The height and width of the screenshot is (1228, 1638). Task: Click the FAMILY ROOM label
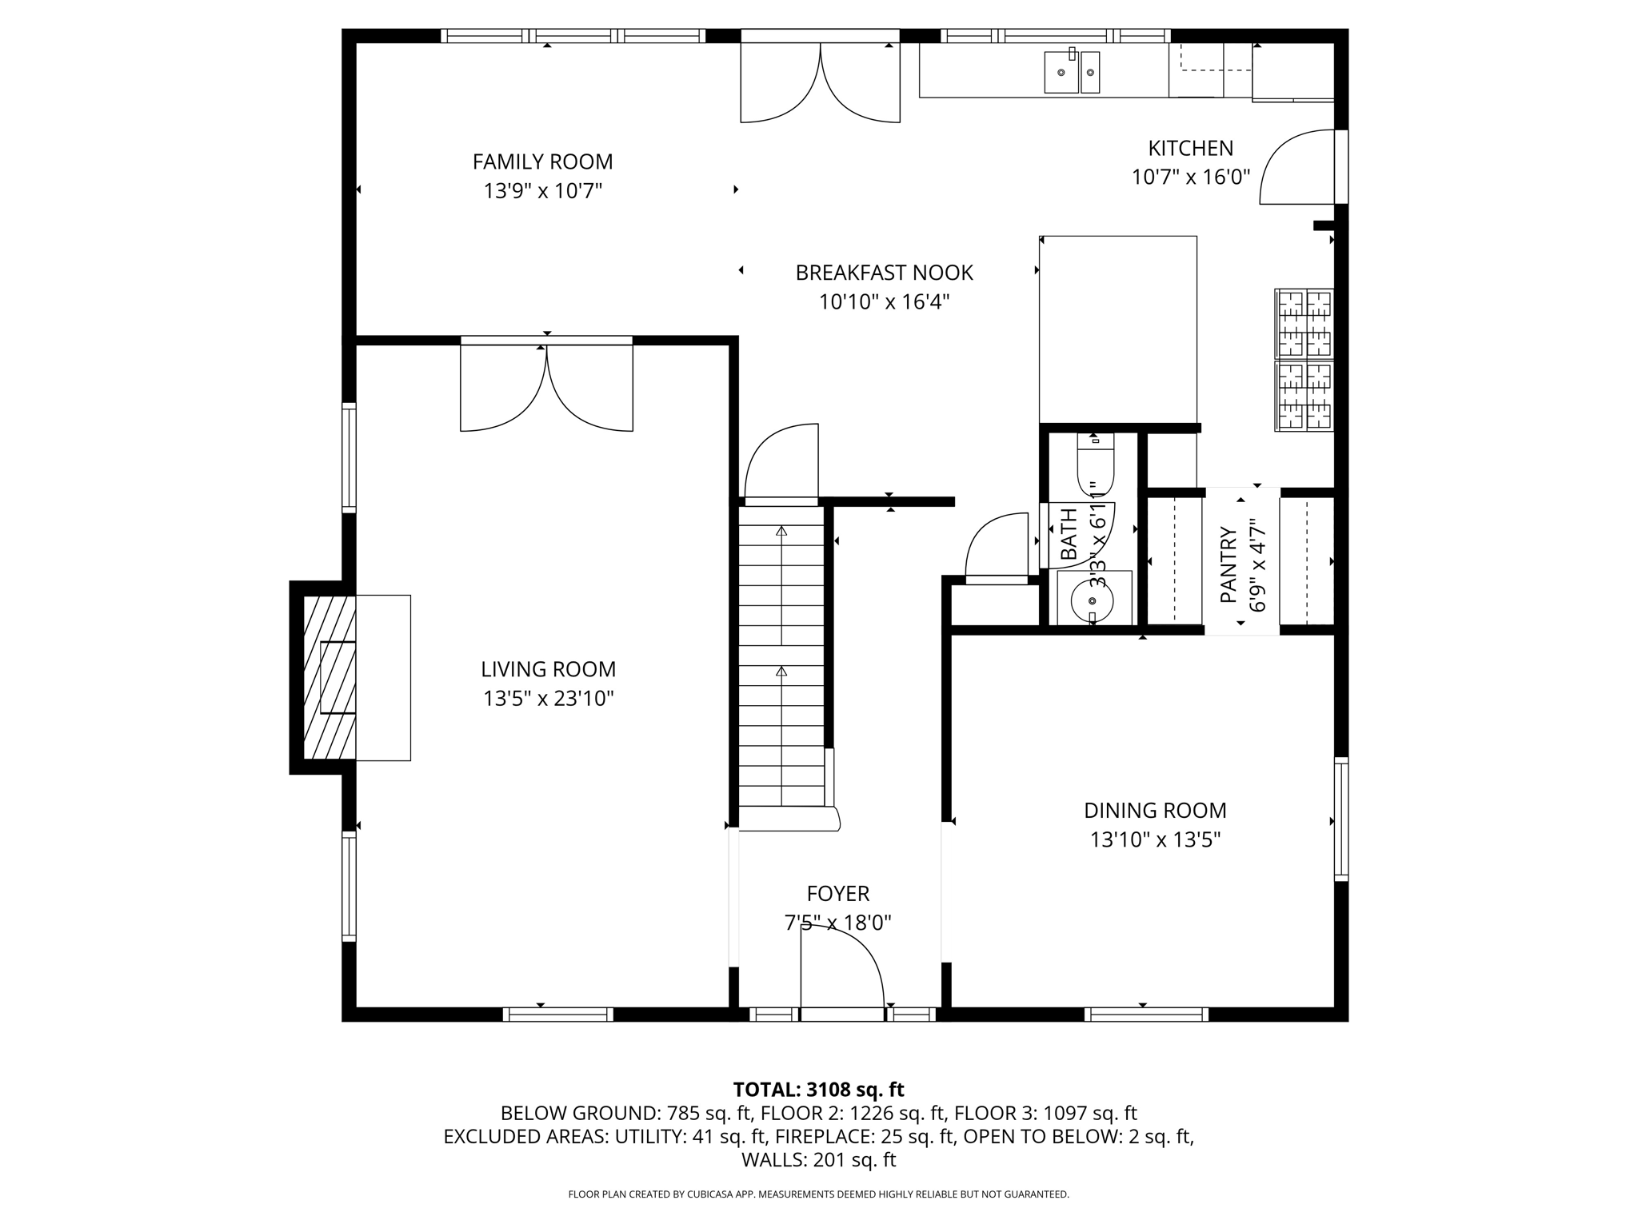(x=542, y=161)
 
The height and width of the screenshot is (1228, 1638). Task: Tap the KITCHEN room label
(x=1190, y=148)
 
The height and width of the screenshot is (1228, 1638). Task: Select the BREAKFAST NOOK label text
(x=884, y=273)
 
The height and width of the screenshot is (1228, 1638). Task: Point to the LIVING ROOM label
(x=548, y=669)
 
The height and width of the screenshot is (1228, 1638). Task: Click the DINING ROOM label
(x=1155, y=810)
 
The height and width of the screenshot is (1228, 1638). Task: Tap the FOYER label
(x=837, y=893)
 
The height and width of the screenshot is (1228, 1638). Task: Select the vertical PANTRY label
(x=1228, y=564)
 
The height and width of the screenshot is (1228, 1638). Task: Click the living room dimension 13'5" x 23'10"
(x=548, y=699)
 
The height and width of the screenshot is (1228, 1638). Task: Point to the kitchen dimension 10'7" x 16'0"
(x=1190, y=177)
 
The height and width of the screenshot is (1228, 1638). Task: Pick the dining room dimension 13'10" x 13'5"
(x=1155, y=839)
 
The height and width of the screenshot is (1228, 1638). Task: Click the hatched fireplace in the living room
(x=330, y=677)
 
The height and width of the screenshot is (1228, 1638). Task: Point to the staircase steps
(x=781, y=656)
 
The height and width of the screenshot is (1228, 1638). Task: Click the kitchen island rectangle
(x=1118, y=329)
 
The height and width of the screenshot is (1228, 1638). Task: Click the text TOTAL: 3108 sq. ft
(x=818, y=1090)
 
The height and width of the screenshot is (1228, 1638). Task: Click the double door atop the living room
(x=546, y=388)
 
